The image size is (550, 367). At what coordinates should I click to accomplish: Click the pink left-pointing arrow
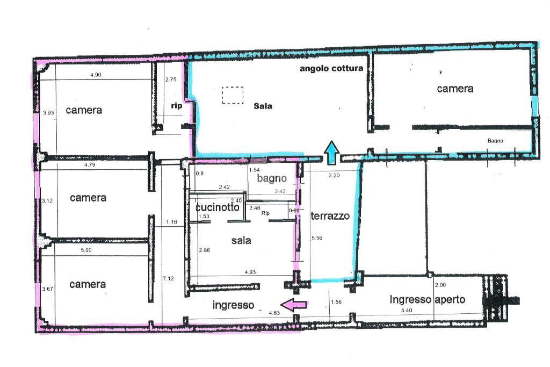pos(294,305)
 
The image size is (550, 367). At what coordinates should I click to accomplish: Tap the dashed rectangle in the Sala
pos(233,95)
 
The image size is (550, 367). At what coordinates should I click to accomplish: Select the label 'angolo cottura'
pos(331,68)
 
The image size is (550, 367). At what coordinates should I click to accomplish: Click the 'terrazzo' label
pos(330,216)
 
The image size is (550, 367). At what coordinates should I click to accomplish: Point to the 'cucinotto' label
pos(218,207)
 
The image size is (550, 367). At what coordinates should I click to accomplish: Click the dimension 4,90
pos(96,75)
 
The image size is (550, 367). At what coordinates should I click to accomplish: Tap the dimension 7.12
pos(168,278)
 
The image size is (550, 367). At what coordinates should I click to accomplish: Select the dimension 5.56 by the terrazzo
pos(317,238)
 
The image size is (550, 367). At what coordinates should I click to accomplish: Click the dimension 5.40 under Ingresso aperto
pos(407,310)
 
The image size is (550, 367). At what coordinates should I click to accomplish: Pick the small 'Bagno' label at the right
pos(495,141)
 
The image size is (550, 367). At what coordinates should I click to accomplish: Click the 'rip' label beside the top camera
pos(176,106)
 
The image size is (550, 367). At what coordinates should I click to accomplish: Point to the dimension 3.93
pos(48,113)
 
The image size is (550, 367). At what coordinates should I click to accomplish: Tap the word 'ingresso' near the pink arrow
pos(233,305)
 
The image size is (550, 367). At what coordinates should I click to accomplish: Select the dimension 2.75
pos(171,80)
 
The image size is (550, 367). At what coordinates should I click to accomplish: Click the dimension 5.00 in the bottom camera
pos(86,250)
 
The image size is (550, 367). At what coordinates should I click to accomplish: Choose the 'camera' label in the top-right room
pos(455,89)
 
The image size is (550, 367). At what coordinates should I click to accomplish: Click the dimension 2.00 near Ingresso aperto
pos(440,285)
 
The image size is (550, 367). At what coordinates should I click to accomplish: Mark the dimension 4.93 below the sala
pos(250,272)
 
